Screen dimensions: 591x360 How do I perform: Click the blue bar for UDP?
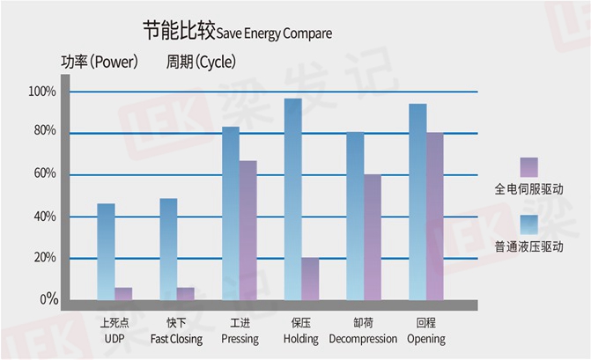106,252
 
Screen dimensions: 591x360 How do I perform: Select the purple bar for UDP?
123,294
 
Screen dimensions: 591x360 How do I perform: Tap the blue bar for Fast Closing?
168,249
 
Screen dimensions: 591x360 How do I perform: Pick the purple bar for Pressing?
248,230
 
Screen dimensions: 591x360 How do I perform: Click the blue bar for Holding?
293,199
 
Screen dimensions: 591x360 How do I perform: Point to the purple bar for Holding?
310,279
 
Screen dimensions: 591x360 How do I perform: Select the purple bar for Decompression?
373,237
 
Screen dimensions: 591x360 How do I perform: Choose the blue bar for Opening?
417,202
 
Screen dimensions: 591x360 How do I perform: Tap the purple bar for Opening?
435,217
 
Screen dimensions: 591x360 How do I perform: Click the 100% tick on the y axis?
42,92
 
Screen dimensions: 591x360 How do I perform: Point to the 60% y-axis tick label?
45,173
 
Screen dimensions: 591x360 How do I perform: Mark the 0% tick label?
49,299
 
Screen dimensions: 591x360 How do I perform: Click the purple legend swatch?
528,167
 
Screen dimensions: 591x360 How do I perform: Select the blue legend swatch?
528,224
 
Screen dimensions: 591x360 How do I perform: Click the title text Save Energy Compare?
274,33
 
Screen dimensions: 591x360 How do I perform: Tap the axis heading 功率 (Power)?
100,62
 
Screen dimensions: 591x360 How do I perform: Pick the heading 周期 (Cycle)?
202,62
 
